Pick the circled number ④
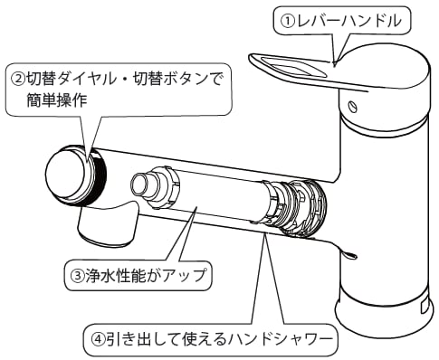tap(99, 341)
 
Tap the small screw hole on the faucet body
tap(352, 109)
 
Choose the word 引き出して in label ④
tap(145, 341)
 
